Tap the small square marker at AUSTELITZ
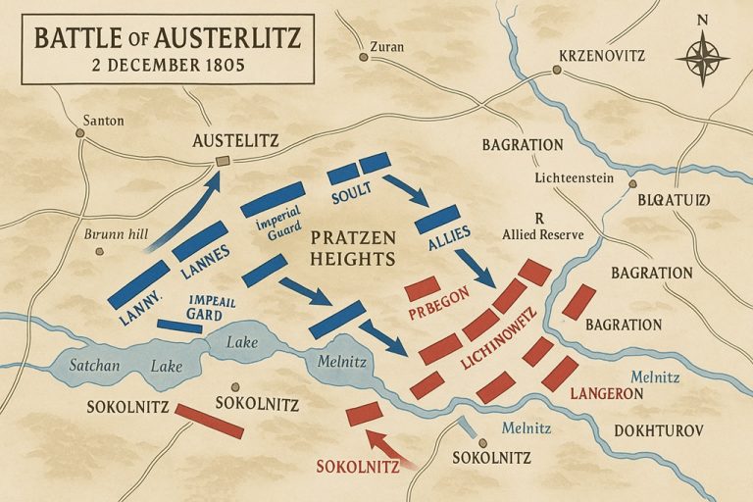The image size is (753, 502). point(224,160)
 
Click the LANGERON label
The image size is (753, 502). point(606,393)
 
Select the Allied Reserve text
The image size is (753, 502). point(543,235)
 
